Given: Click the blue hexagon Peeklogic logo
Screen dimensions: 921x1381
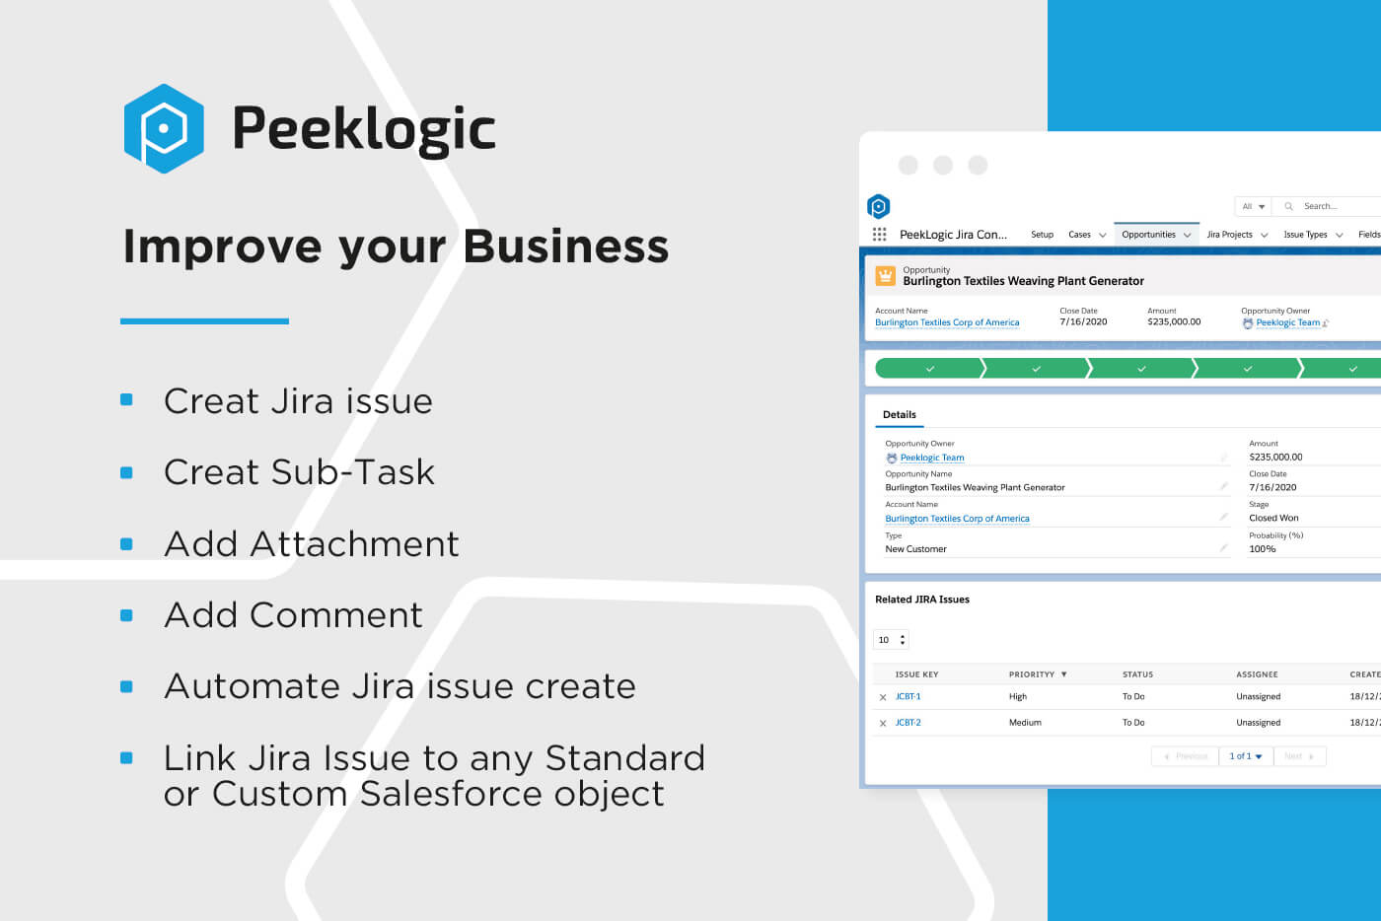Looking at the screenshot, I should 164,128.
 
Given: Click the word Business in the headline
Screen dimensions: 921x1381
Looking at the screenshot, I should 565,247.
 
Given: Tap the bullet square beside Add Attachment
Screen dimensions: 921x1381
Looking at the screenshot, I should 126,543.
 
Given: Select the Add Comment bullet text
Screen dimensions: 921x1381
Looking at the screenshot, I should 293,615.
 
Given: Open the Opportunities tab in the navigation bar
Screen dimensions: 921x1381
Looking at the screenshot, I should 1148,235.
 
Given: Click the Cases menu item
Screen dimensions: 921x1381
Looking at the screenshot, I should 1079,235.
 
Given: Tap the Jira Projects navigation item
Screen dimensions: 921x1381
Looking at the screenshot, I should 1229,235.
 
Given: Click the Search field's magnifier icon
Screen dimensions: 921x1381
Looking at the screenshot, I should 1288,206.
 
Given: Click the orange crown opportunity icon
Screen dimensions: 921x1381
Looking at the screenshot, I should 885,275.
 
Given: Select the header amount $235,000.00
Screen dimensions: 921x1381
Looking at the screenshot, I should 1174,321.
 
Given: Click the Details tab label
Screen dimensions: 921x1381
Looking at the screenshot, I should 899,415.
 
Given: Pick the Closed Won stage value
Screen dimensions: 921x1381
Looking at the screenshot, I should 1273,518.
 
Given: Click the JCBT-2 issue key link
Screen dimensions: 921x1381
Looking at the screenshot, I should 908,723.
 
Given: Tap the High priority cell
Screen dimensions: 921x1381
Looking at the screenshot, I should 1018,696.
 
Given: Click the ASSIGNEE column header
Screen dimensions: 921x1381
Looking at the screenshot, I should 1257,674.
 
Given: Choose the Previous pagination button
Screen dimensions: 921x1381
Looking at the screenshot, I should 1186,756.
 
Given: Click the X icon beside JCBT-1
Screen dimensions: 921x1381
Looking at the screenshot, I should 883,697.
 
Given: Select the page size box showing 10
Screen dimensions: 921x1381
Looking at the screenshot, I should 890,640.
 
